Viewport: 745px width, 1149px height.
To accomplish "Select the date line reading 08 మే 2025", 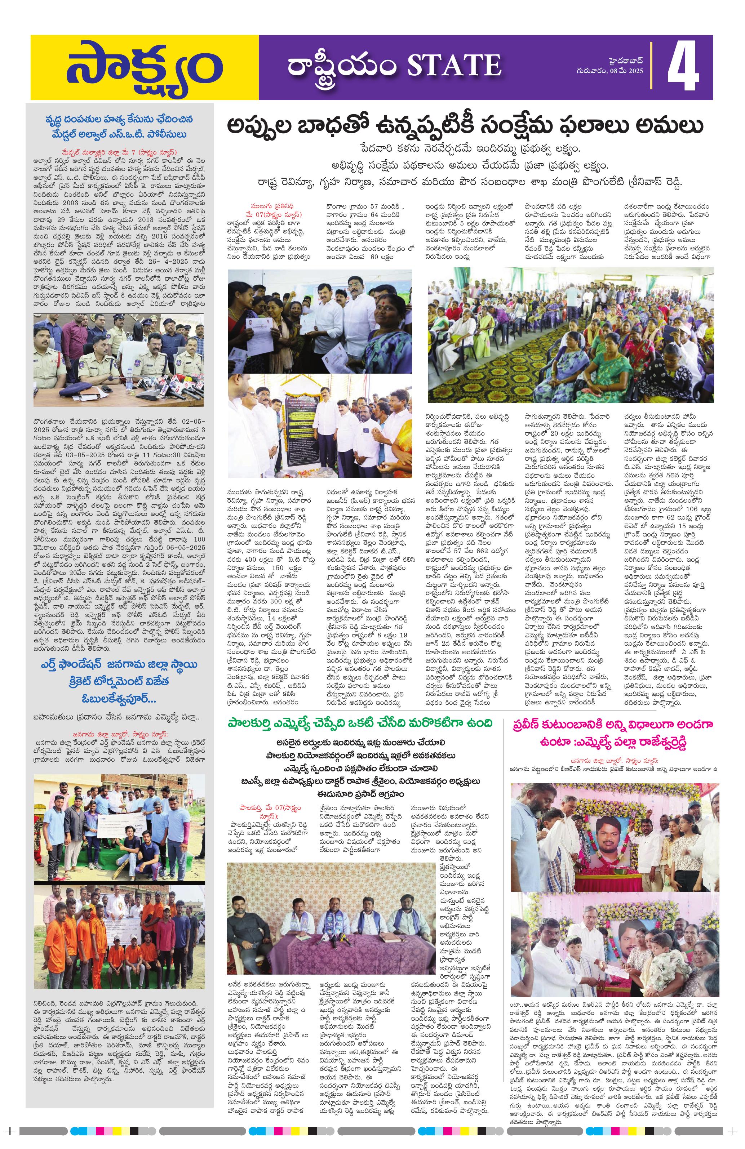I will tap(613, 71).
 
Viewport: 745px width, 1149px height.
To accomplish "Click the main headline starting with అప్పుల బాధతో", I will tap(466, 126).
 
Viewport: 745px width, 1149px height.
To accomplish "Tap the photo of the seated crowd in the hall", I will tap(570, 335).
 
